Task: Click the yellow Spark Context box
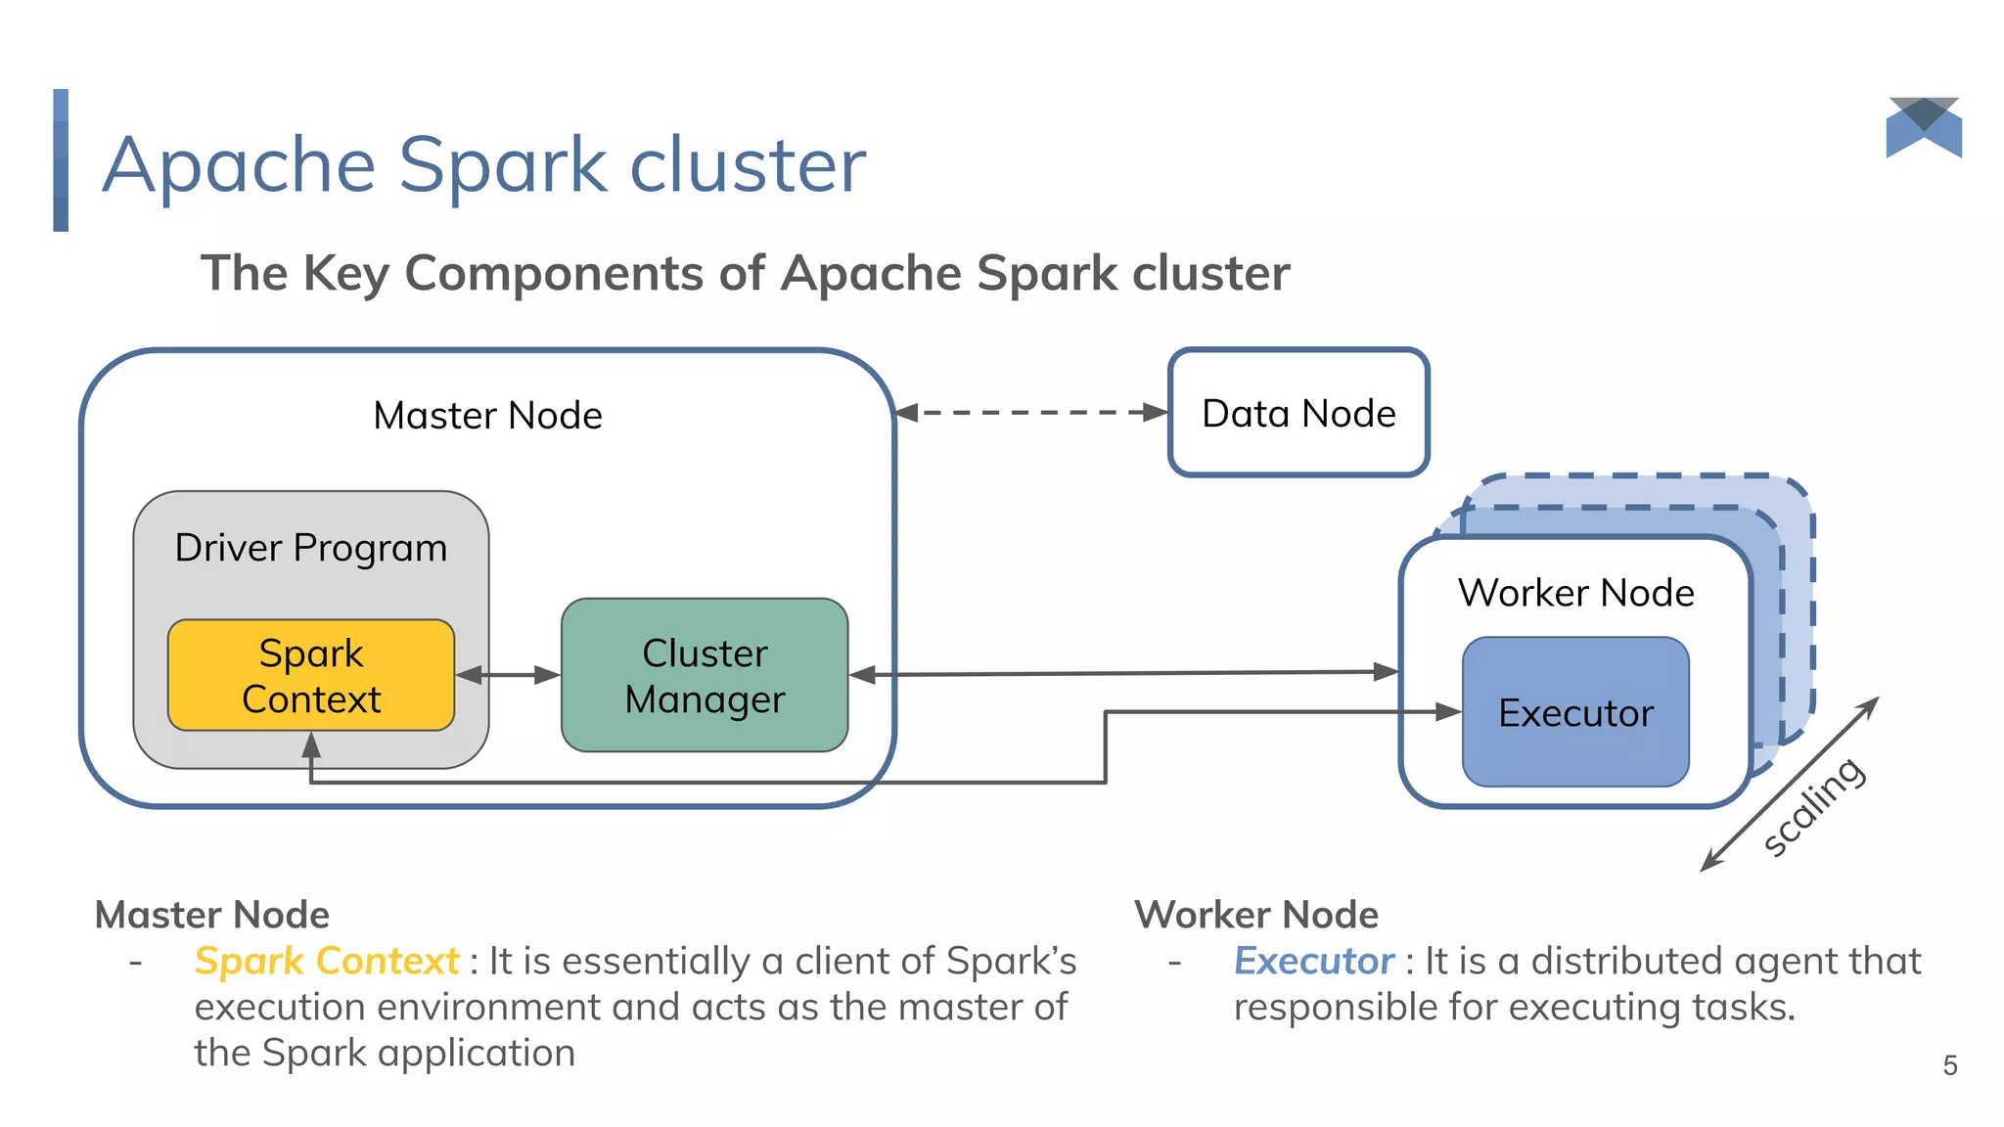pyautogui.click(x=311, y=675)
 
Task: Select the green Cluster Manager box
pyautogui.click(x=705, y=675)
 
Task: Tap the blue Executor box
pyautogui.click(x=1575, y=712)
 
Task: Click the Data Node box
pyautogui.click(x=1298, y=413)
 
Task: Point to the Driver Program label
pyautogui.click(x=311, y=548)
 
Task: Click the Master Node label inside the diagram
pyautogui.click(x=487, y=416)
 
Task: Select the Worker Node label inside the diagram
pyautogui.click(x=1575, y=593)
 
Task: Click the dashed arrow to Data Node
pyautogui.click(x=1031, y=413)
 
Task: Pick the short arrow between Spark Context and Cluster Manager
pyautogui.click(x=508, y=675)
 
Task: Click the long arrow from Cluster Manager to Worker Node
pyautogui.click(x=1125, y=673)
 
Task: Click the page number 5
pyautogui.click(x=1949, y=1065)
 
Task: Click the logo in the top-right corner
pyautogui.click(x=1924, y=127)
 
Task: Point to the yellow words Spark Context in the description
pyautogui.click(x=327, y=961)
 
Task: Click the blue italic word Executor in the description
pyautogui.click(x=1313, y=961)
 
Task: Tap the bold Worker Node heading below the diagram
pyautogui.click(x=1255, y=915)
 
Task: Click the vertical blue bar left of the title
pyautogui.click(x=61, y=160)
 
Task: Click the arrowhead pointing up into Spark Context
pyautogui.click(x=311, y=745)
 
